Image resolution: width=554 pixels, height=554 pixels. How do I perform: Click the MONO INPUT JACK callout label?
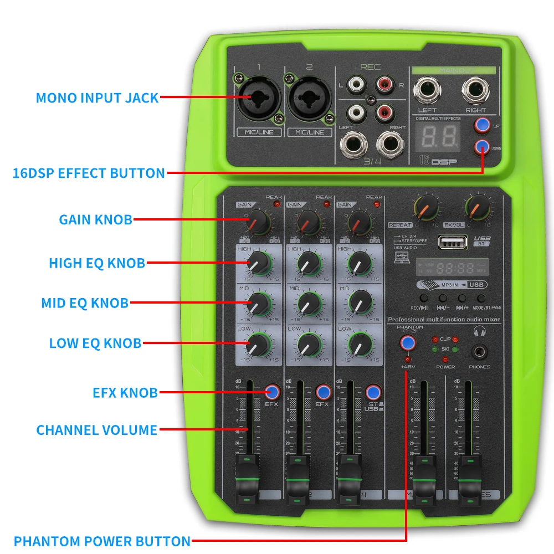pos(97,98)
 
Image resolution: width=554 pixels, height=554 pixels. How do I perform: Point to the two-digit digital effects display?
pos(437,135)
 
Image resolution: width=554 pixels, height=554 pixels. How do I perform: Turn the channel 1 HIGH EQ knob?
pos(258,262)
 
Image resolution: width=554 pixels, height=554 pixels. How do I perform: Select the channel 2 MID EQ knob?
pos(309,303)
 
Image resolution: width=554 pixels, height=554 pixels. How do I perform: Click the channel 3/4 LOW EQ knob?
pos(360,345)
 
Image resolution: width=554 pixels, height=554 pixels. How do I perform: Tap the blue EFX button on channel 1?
pos(272,392)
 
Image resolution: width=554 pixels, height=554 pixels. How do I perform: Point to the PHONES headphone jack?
pos(479,351)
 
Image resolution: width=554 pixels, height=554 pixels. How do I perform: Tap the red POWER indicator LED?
pos(445,359)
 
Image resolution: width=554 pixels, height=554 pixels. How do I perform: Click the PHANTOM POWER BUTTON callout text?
pos(102,541)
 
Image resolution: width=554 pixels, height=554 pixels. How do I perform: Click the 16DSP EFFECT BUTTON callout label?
pos(89,173)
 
